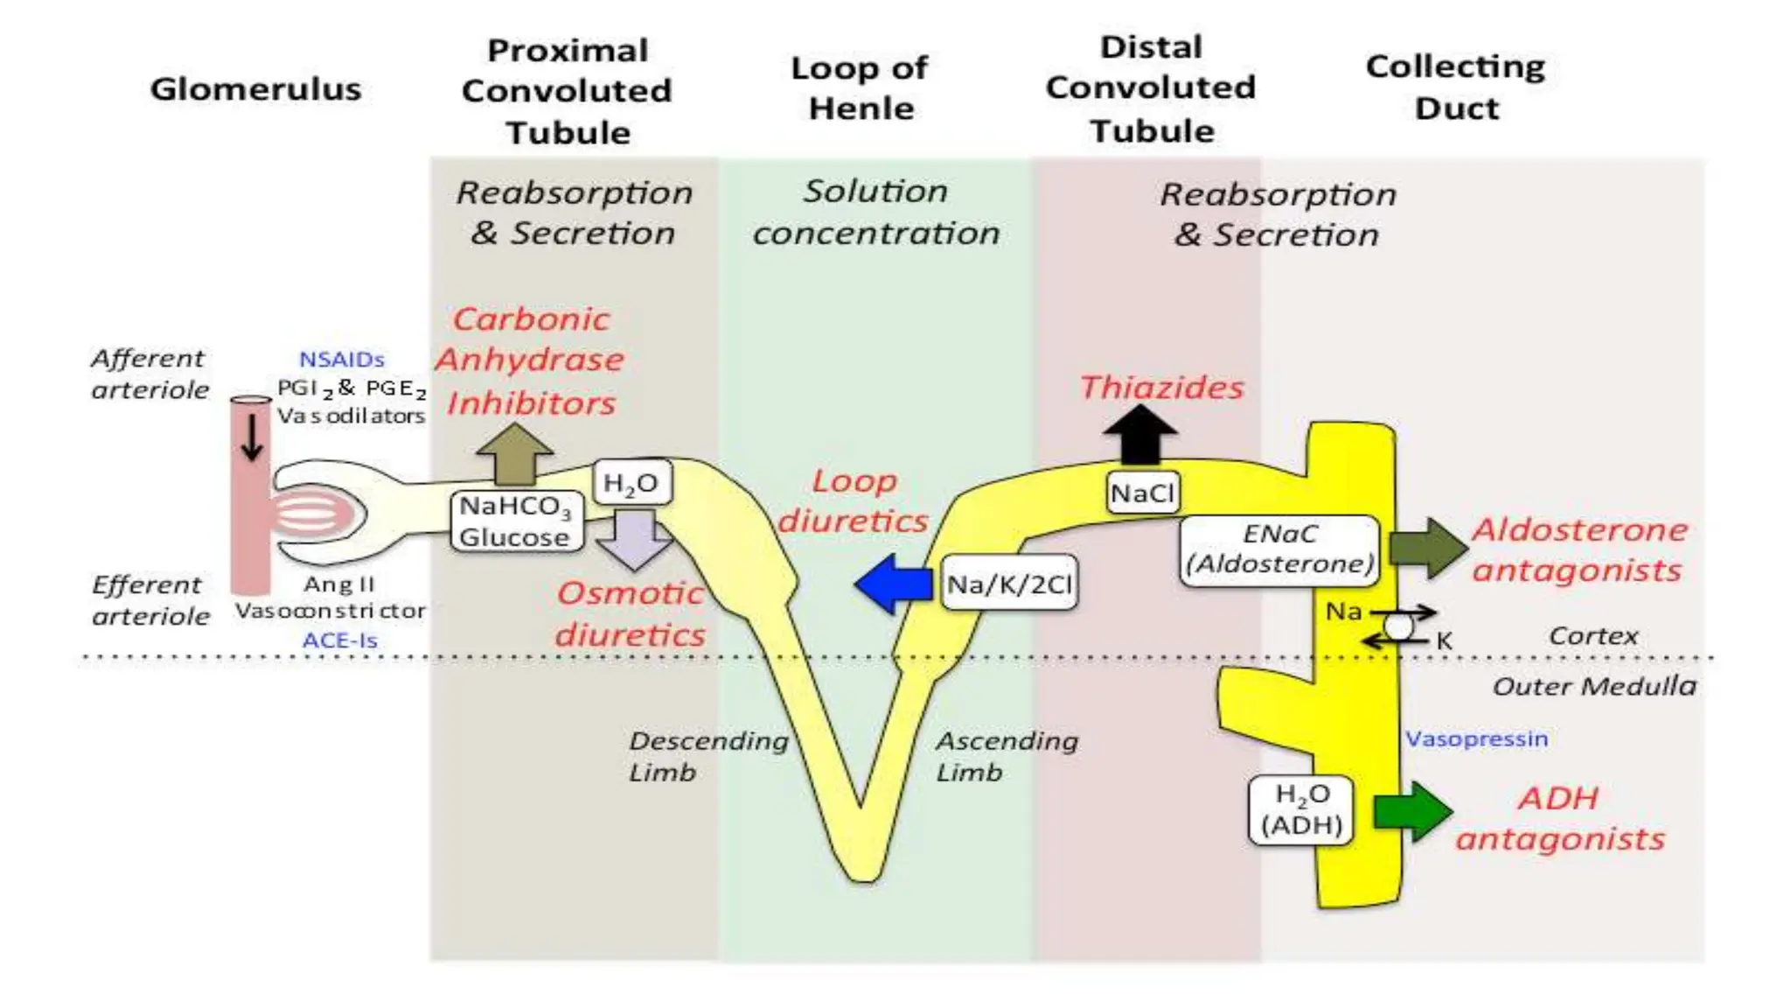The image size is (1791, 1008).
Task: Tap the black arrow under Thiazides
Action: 1139,435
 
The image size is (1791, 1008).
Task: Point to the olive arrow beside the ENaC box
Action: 1428,548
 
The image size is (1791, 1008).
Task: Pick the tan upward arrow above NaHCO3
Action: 514,454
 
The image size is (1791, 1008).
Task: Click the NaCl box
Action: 1142,493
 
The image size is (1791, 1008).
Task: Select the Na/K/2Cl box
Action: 1009,584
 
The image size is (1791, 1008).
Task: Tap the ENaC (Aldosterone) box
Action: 1279,549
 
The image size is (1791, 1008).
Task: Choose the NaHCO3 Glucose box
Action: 516,521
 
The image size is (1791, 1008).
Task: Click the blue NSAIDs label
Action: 341,360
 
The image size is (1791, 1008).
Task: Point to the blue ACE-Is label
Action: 339,640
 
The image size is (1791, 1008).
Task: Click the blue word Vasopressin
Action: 1476,738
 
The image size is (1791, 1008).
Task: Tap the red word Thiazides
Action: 1161,387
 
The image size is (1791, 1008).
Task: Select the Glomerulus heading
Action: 255,88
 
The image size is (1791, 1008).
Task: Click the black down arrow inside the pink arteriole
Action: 252,436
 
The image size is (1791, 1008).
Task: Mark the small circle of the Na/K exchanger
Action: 1398,626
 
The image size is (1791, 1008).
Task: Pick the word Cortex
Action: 1592,635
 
